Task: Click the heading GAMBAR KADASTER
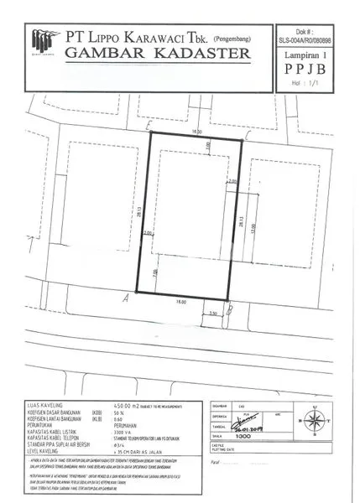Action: [158, 54]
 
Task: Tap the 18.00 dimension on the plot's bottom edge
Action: [180, 300]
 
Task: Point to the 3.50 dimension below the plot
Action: [214, 314]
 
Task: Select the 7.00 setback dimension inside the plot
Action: [156, 273]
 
